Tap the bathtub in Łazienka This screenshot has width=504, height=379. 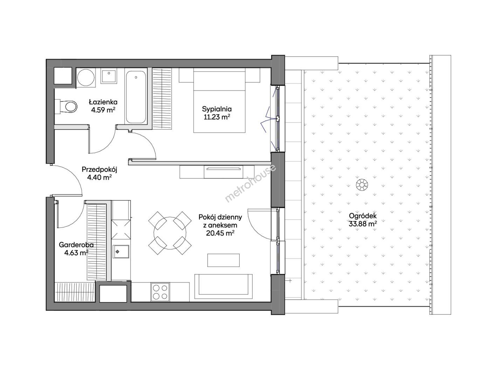point(136,97)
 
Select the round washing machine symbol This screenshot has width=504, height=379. point(86,78)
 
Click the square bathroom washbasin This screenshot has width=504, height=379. point(109,77)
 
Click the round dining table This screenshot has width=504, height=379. point(170,233)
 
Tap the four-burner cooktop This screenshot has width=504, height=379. point(160,292)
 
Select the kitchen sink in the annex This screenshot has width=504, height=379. point(121,252)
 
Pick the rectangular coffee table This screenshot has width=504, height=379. point(223,260)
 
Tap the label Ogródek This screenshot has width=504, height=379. point(363,216)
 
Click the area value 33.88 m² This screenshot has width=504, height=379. point(363,224)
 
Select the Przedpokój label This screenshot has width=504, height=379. point(99,170)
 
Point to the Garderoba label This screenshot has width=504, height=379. point(76,245)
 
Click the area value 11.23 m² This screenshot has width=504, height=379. point(217,117)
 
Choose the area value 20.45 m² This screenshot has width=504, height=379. point(220,233)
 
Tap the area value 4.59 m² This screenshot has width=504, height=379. point(103,110)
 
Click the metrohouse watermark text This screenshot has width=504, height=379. point(250,183)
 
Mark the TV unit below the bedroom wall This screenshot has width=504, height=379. point(217,172)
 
